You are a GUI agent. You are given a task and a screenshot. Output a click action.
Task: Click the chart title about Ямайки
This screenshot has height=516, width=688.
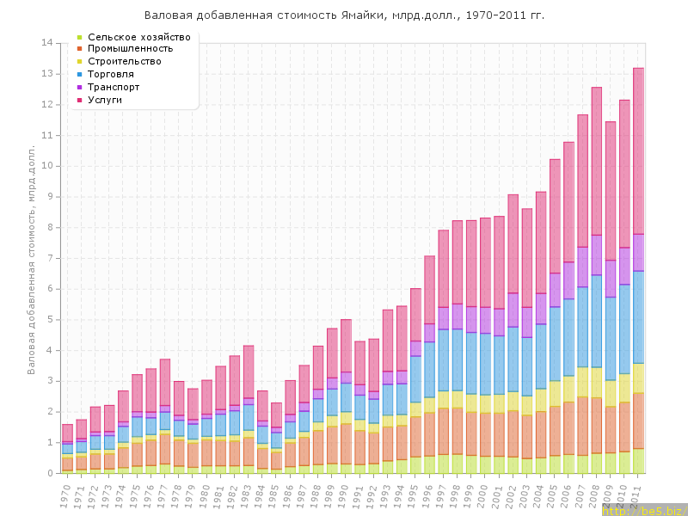pyautogui.click(x=344, y=15)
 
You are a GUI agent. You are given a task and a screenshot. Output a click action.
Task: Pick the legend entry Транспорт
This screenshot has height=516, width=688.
pyautogui.click(x=114, y=88)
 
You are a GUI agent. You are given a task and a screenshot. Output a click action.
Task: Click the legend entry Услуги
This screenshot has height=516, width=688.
pyautogui.click(x=105, y=101)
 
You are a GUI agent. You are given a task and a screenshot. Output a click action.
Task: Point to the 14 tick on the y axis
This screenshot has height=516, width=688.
pyautogui.click(x=48, y=43)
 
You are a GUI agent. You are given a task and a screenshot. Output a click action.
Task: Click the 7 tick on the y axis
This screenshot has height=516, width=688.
pyautogui.click(x=50, y=258)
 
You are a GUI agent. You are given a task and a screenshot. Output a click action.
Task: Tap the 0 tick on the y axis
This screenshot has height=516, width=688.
pyautogui.click(x=50, y=473)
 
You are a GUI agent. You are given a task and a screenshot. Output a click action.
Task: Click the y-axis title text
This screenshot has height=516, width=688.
pyautogui.click(x=32, y=249)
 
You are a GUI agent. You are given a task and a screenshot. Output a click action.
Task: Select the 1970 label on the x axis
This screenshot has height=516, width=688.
pyautogui.click(x=65, y=495)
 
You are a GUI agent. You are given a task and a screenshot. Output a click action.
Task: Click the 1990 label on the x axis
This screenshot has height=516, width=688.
pyautogui.click(x=344, y=495)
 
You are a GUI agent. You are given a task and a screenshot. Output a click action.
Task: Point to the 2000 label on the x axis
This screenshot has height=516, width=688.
pyautogui.click(x=483, y=495)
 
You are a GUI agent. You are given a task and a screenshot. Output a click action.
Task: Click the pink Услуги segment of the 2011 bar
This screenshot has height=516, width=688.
pyautogui.click(x=638, y=150)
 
